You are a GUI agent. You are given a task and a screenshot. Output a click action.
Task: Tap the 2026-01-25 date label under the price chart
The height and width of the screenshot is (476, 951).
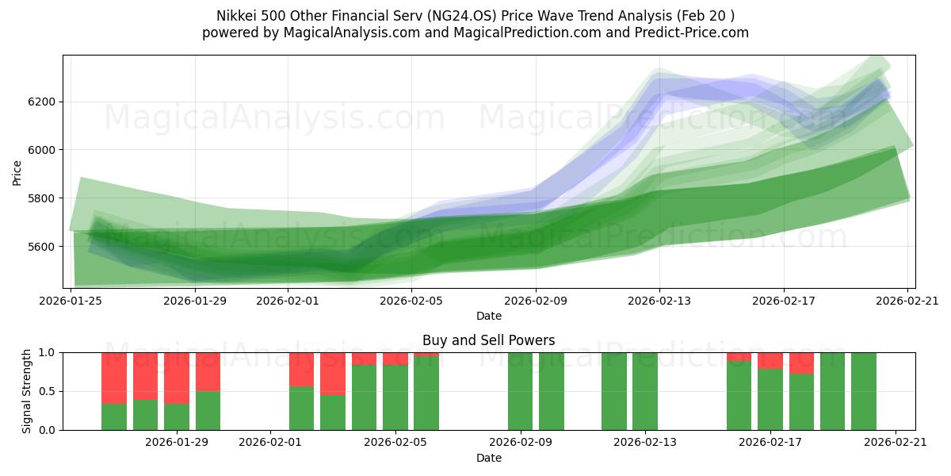point(72,300)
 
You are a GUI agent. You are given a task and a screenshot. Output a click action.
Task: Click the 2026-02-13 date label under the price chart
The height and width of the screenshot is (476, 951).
point(659,300)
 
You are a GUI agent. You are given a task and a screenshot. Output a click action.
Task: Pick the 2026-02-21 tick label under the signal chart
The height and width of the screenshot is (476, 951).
point(895,442)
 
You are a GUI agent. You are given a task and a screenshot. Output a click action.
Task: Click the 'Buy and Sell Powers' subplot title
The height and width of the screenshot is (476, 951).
point(488,340)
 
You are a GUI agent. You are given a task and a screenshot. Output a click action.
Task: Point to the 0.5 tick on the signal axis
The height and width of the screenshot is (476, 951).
point(47,391)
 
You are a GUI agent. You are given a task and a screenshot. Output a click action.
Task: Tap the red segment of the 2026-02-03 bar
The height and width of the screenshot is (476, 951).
point(333,373)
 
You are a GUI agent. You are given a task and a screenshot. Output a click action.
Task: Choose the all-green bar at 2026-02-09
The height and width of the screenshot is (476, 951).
point(520,391)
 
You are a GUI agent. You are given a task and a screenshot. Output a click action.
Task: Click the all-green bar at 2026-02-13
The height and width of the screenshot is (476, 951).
point(645,391)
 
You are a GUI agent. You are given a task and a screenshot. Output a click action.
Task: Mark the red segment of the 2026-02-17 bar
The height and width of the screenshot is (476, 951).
point(770,360)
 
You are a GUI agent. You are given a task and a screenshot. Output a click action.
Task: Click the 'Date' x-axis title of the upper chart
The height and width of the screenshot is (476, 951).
point(488,316)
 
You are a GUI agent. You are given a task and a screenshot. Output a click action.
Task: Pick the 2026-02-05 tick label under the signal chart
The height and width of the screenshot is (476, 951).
point(395,442)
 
